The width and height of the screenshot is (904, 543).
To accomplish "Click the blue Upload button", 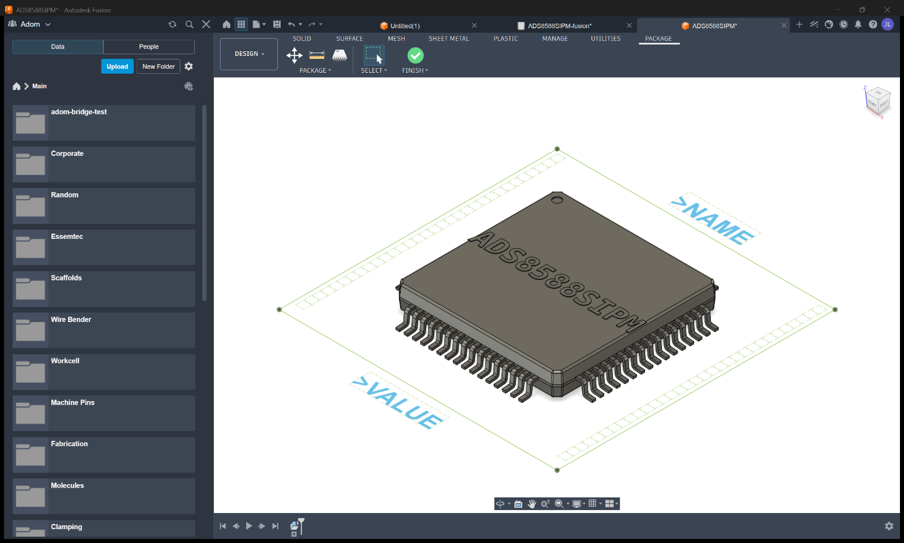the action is click(x=117, y=66).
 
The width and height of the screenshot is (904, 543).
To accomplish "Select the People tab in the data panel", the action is click(x=149, y=47).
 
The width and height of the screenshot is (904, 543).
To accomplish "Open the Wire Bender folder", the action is click(x=104, y=330).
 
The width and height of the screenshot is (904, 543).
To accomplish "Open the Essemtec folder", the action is click(x=104, y=247).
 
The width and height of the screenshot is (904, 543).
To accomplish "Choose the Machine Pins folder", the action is click(x=104, y=413).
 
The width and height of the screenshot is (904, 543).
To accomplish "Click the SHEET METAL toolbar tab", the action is click(x=449, y=39).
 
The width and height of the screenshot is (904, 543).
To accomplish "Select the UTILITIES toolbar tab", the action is click(x=605, y=39).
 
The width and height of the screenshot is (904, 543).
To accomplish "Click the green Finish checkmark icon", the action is click(x=415, y=55).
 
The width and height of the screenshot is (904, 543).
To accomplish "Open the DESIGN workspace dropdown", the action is click(x=249, y=54).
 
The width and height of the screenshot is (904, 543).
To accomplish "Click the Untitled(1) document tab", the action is click(x=405, y=26).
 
